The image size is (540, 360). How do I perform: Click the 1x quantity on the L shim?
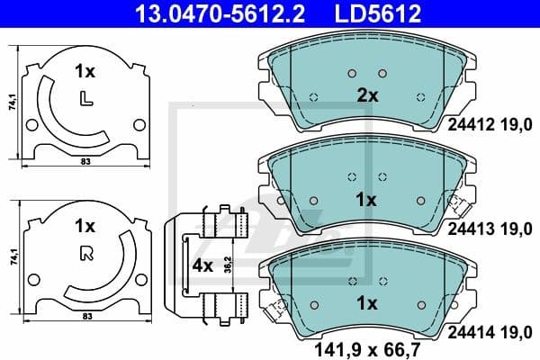pos(85,69)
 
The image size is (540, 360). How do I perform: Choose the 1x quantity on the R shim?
pos(85,225)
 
